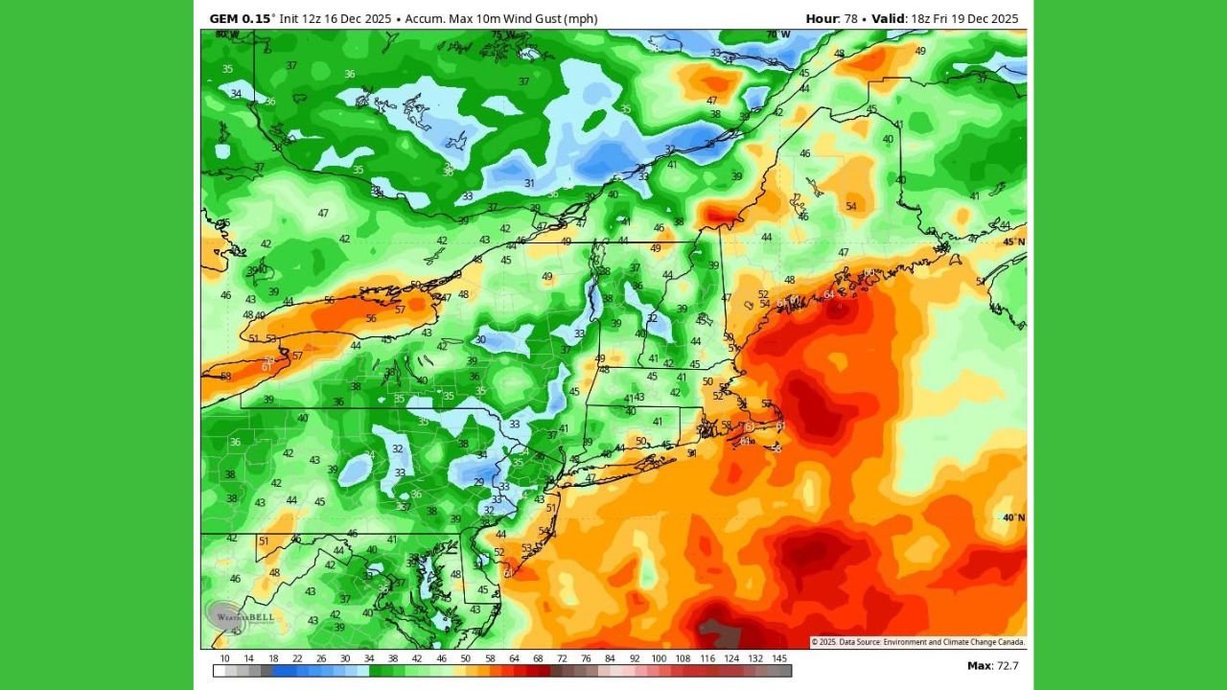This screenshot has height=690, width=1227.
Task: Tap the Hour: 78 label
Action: (x=831, y=18)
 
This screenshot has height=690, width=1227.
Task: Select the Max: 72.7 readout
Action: (x=992, y=665)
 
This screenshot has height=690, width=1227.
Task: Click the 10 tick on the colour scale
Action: (x=224, y=659)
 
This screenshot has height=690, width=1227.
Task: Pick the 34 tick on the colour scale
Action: (x=369, y=659)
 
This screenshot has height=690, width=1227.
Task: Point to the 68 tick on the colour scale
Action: (x=538, y=659)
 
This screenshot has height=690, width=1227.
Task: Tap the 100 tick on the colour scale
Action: (x=659, y=659)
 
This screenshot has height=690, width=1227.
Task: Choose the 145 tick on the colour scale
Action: (x=780, y=659)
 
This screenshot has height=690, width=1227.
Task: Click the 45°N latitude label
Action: (x=1013, y=241)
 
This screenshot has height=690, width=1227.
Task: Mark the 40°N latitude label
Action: (x=1013, y=517)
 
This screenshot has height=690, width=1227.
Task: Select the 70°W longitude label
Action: (x=777, y=35)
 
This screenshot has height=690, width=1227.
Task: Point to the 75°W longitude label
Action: (x=502, y=35)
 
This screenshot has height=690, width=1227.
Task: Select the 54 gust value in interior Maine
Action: (x=851, y=206)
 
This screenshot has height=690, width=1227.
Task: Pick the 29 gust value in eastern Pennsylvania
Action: (x=479, y=482)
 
